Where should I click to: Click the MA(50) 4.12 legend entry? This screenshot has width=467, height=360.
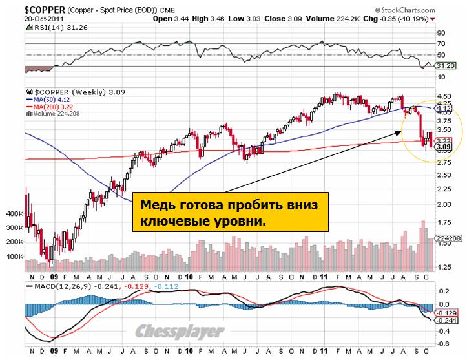click(x=48, y=100)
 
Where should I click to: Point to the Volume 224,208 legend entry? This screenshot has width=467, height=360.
click(x=57, y=114)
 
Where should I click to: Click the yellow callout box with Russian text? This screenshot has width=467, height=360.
click(x=229, y=213)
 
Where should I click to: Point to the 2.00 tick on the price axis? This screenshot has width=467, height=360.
click(x=444, y=204)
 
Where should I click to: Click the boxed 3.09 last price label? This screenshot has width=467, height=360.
click(x=443, y=147)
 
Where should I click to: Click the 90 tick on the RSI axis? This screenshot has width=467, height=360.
click(x=441, y=32)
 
